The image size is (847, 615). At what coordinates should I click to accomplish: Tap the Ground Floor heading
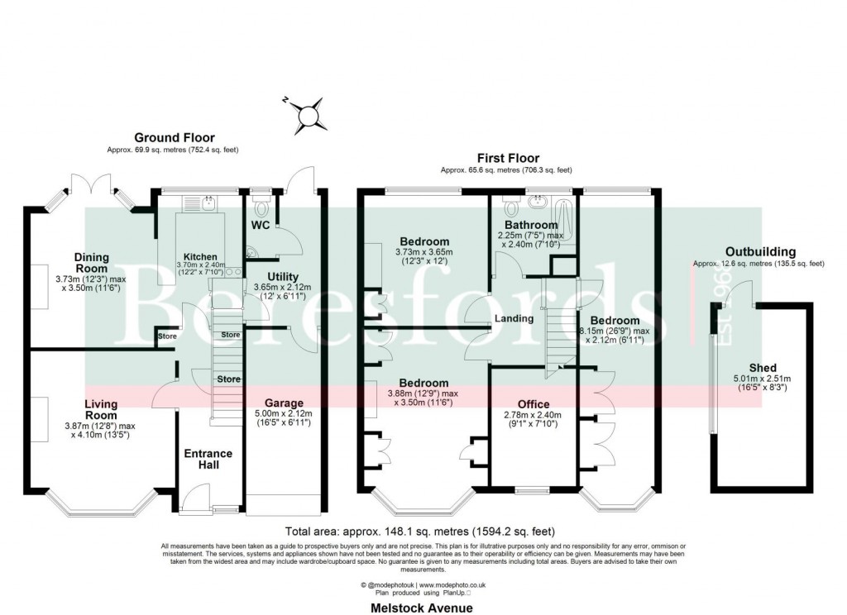[x=175, y=138]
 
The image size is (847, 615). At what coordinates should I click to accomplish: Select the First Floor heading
[x=508, y=158]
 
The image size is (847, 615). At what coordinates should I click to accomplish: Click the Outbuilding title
[x=760, y=252]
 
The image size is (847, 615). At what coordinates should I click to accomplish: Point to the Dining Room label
[x=90, y=263]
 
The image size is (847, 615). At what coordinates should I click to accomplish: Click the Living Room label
[x=100, y=409]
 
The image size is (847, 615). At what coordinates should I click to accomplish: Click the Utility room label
[x=283, y=276]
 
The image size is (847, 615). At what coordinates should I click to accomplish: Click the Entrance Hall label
[x=208, y=459]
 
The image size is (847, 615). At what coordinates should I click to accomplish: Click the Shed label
[x=763, y=368]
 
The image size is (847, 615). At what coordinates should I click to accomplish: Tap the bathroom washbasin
[x=539, y=201]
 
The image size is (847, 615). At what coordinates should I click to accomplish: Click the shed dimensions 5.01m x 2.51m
[x=763, y=379]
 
